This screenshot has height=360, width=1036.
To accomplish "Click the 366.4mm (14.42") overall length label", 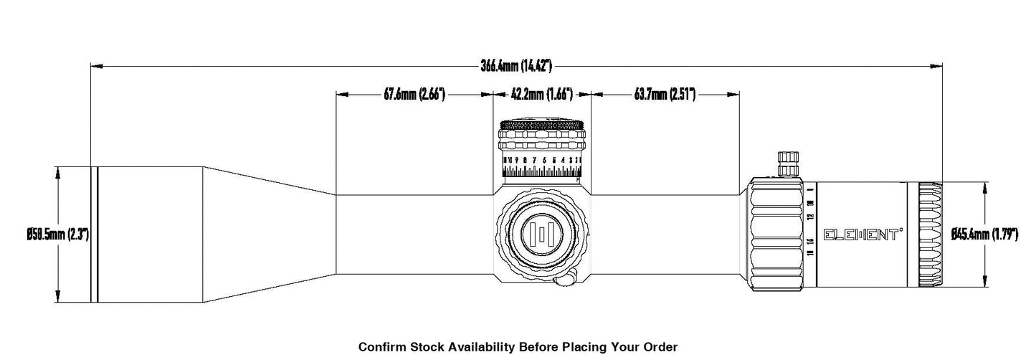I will [515, 66].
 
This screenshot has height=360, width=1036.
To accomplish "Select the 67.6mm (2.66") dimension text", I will [414, 94].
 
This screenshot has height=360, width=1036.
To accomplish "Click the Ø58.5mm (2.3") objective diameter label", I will [57, 235].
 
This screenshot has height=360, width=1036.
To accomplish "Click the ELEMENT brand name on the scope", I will [863, 235].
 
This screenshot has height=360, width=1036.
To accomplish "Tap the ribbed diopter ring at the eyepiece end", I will [931, 235].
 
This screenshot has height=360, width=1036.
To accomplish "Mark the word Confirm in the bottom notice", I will [381, 347].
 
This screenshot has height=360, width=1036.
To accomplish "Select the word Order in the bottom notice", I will [660, 347].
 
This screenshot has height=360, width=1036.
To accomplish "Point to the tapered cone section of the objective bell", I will [269, 235].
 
